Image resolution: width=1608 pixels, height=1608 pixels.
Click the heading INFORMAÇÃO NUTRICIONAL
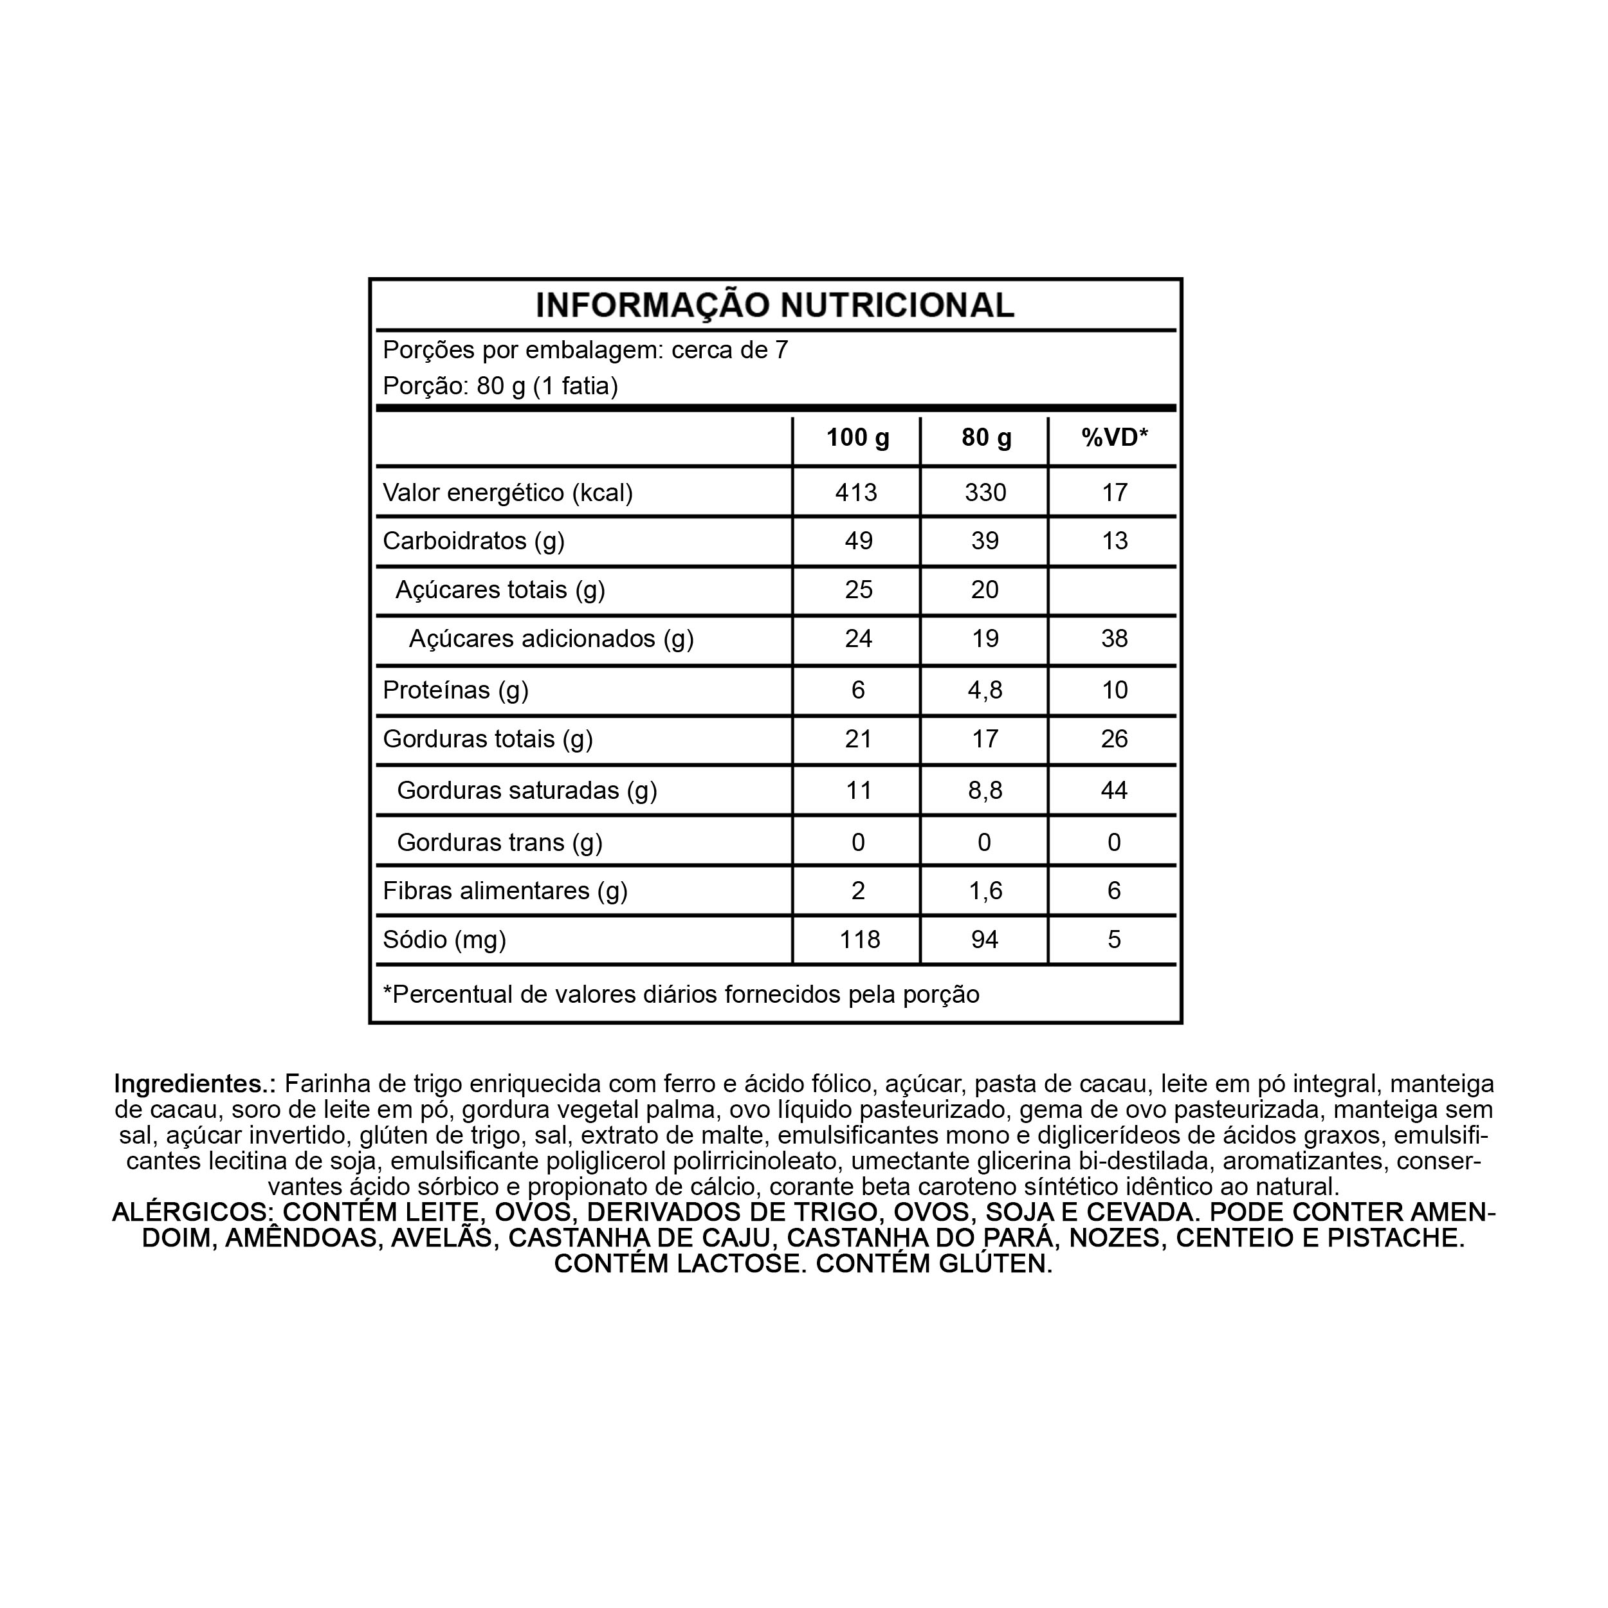tap(775, 306)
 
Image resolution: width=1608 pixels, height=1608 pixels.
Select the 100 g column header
tap(857, 438)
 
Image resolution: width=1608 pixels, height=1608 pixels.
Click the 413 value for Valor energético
tap(857, 493)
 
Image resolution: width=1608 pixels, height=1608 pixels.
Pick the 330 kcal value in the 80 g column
tap(985, 493)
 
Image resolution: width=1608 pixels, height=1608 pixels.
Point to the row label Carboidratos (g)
tap(473, 541)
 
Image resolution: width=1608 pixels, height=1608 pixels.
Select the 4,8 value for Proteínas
tap(985, 690)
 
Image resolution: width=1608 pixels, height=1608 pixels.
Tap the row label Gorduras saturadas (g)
tap(527, 790)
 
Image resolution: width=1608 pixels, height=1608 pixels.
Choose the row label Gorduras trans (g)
tap(499, 843)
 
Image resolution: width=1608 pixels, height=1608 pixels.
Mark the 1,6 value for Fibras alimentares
tap(985, 891)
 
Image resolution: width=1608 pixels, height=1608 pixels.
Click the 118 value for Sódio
tap(859, 940)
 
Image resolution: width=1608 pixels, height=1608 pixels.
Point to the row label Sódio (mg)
tap(444, 940)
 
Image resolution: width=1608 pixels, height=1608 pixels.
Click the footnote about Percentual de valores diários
tap(681, 994)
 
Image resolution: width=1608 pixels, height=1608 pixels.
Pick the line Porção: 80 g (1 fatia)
tap(500, 386)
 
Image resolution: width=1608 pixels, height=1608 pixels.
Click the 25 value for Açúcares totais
tap(858, 590)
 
